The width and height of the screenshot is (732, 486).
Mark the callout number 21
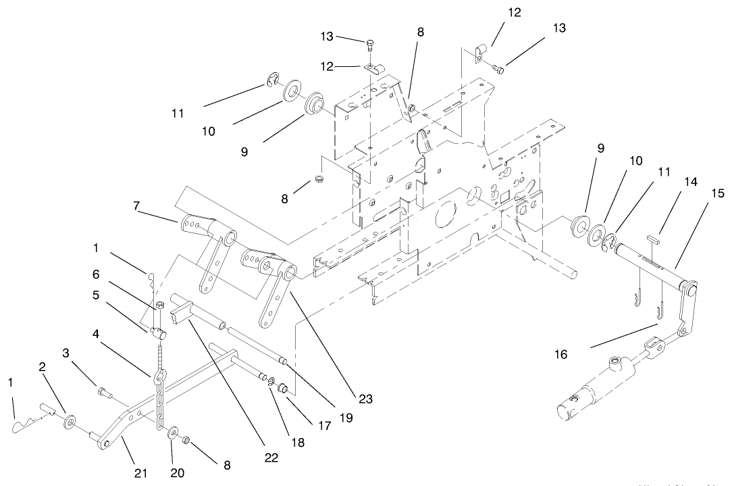pyautogui.click(x=140, y=472)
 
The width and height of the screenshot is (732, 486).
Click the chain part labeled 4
pyautogui.click(x=159, y=399)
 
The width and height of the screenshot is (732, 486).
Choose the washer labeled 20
pyautogui.click(x=173, y=432)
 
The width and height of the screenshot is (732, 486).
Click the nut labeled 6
pyautogui.click(x=161, y=306)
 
